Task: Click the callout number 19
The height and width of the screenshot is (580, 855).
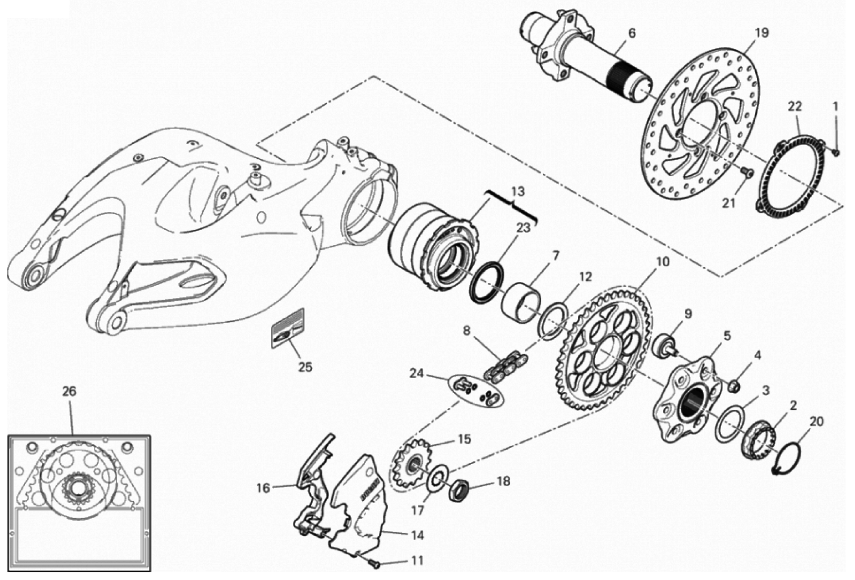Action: [761, 33]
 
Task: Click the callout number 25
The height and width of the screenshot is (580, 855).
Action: [305, 367]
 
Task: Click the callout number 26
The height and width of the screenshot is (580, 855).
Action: [69, 392]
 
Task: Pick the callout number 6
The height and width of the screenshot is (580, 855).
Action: [632, 33]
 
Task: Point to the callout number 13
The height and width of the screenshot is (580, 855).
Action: [517, 192]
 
